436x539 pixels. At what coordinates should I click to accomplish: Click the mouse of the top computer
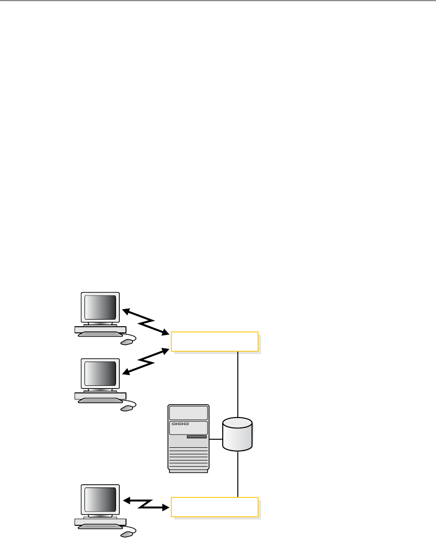(x=126, y=341)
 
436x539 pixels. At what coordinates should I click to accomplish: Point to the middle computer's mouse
(x=126, y=407)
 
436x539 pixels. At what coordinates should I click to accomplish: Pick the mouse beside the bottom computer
(x=126, y=533)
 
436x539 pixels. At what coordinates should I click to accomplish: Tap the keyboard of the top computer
(x=100, y=334)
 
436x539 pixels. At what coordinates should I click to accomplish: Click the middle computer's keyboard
(x=100, y=400)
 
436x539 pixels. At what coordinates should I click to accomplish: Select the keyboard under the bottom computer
(x=100, y=526)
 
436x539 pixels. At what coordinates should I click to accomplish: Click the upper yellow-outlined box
(x=214, y=342)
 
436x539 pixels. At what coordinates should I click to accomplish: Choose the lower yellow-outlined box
(x=214, y=507)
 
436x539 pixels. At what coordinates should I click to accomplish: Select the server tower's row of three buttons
(x=180, y=424)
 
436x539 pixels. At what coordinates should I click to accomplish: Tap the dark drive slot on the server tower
(x=197, y=437)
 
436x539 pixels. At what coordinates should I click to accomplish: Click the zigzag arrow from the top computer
(x=146, y=322)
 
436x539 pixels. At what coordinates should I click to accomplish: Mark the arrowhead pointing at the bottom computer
(x=126, y=500)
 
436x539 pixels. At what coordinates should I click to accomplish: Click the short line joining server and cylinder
(x=216, y=439)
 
